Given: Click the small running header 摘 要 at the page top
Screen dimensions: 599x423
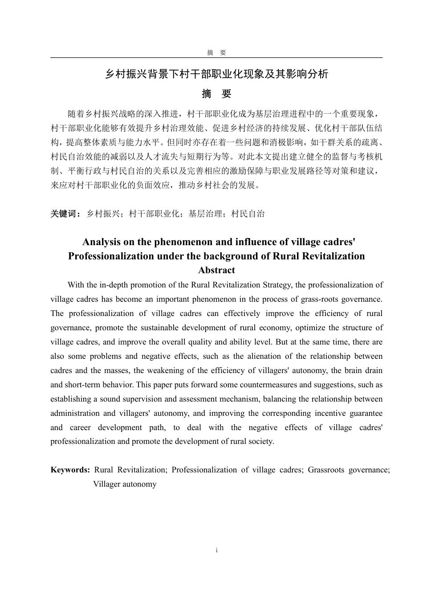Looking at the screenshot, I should (x=216, y=53).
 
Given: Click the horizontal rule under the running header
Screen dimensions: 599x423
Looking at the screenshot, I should (x=216, y=57).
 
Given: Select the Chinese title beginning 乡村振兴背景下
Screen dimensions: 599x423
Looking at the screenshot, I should (x=216, y=74).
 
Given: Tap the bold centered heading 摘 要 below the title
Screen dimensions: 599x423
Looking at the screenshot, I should (x=216, y=94).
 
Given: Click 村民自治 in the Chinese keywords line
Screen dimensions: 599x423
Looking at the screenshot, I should (x=248, y=214).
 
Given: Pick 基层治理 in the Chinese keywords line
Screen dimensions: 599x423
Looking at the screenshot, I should (x=205, y=214).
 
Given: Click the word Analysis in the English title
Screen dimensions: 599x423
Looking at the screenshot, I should (x=101, y=242).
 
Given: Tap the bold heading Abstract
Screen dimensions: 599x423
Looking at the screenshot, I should (x=216, y=271).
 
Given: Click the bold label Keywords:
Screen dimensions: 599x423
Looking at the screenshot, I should (x=70, y=470).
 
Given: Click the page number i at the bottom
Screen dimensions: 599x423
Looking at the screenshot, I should (x=216, y=550).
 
